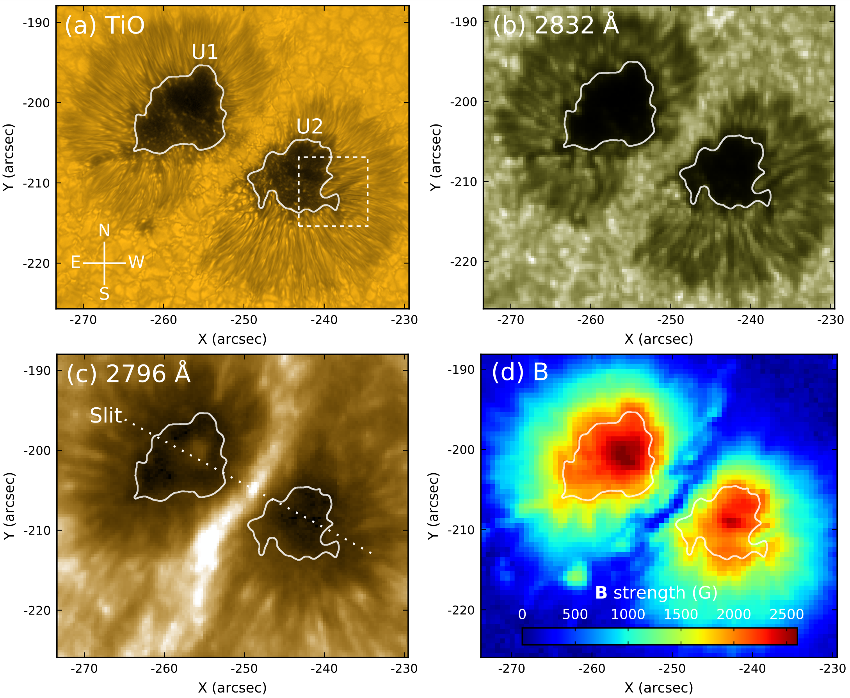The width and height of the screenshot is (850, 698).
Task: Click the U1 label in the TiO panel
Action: coord(204,52)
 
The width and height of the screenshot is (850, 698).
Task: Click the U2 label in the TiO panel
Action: coord(309,127)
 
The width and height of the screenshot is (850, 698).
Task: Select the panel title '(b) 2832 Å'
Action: coord(556,25)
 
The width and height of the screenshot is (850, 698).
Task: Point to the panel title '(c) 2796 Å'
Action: coord(128,373)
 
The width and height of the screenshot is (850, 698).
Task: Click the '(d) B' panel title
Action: coord(519,372)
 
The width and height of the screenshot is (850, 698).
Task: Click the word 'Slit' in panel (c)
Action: coord(106,416)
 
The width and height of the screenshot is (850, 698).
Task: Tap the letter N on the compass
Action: coord(105,230)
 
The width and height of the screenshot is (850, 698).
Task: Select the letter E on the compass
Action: coord(76,263)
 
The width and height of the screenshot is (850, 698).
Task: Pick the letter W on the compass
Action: coord(136,263)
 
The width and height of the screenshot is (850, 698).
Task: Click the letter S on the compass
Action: coord(105,294)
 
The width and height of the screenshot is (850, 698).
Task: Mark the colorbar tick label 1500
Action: coord(681,615)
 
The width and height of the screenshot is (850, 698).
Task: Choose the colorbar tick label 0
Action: coord(522,615)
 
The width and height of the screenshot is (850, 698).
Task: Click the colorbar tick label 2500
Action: coord(786,615)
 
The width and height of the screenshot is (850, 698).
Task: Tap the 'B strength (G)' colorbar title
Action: coord(656,593)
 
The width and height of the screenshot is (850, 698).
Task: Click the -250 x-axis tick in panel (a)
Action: coord(244,320)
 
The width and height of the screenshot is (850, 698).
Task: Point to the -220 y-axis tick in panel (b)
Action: coord(463,262)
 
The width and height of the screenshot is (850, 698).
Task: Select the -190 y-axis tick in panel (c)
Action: coord(37,370)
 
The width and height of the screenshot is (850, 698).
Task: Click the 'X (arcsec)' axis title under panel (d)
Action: coord(659,688)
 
